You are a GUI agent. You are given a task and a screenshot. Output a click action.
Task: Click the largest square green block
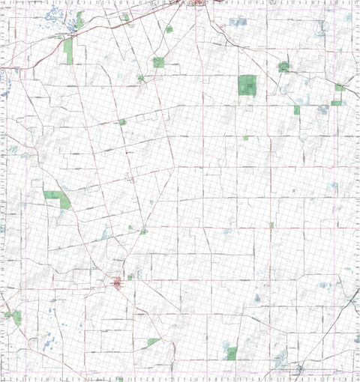[x=247, y=85]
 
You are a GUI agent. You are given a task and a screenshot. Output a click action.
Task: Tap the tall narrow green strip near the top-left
[x=68, y=51]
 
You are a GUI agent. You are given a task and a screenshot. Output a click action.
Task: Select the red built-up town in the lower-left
[x=117, y=282]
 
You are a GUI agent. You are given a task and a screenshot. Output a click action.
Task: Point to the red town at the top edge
[x=199, y=3]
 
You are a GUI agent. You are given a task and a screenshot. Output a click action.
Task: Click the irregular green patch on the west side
[x=57, y=198]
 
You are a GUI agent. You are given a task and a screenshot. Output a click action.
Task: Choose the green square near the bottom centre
[x=232, y=352]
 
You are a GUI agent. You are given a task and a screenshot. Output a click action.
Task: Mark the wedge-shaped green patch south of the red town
[x=153, y=342]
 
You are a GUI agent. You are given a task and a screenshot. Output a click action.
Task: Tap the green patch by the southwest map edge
[x=16, y=318]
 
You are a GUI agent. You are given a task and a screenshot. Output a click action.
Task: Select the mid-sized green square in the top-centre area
[x=158, y=62]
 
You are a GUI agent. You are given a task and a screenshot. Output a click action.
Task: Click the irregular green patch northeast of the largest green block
[x=283, y=67]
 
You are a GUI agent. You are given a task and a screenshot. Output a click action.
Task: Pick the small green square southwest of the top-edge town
[x=169, y=29]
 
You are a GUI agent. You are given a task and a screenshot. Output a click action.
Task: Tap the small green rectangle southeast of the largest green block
[x=297, y=110]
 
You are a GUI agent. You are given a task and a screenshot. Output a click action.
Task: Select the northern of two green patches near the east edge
[x=340, y=88]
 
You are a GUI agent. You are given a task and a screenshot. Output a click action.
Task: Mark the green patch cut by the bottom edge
[x=118, y=379]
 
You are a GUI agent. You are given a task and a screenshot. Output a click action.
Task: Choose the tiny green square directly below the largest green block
[x=245, y=138]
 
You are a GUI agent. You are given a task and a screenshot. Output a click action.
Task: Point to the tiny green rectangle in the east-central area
[x=271, y=225]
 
